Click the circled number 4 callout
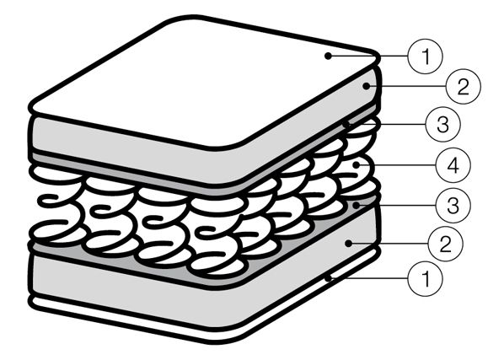[453, 165]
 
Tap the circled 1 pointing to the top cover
[425, 56]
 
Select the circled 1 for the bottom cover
[425, 279]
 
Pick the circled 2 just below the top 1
[463, 87]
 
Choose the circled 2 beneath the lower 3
[446, 244]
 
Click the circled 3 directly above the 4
[442, 125]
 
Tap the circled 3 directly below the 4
[453, 205]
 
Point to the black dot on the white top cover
[328, 56]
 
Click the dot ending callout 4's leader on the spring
[356, 165]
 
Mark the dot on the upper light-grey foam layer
[366, 86]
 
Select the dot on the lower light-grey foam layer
[349, 244]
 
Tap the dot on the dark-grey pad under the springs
[356, 205]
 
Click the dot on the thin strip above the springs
[346, 125]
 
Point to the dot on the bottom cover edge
[328, 278]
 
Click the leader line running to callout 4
[395, 165]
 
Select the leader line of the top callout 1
[367, 56]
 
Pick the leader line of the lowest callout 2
[389, 244]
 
